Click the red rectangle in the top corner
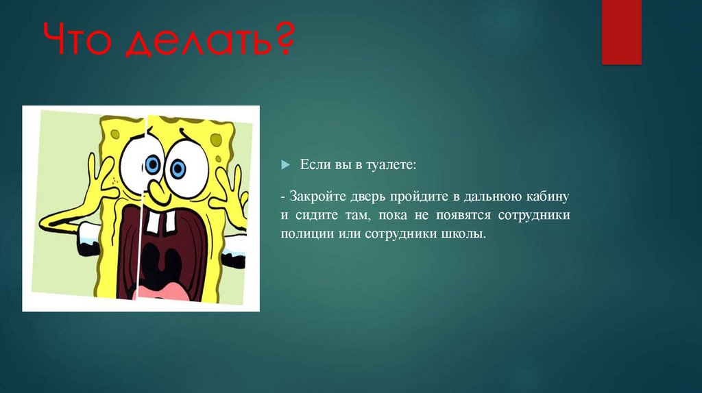pos(621,32)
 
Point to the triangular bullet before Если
pos(286,166)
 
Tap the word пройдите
pos(422,197)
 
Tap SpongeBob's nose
pos(156,192)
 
